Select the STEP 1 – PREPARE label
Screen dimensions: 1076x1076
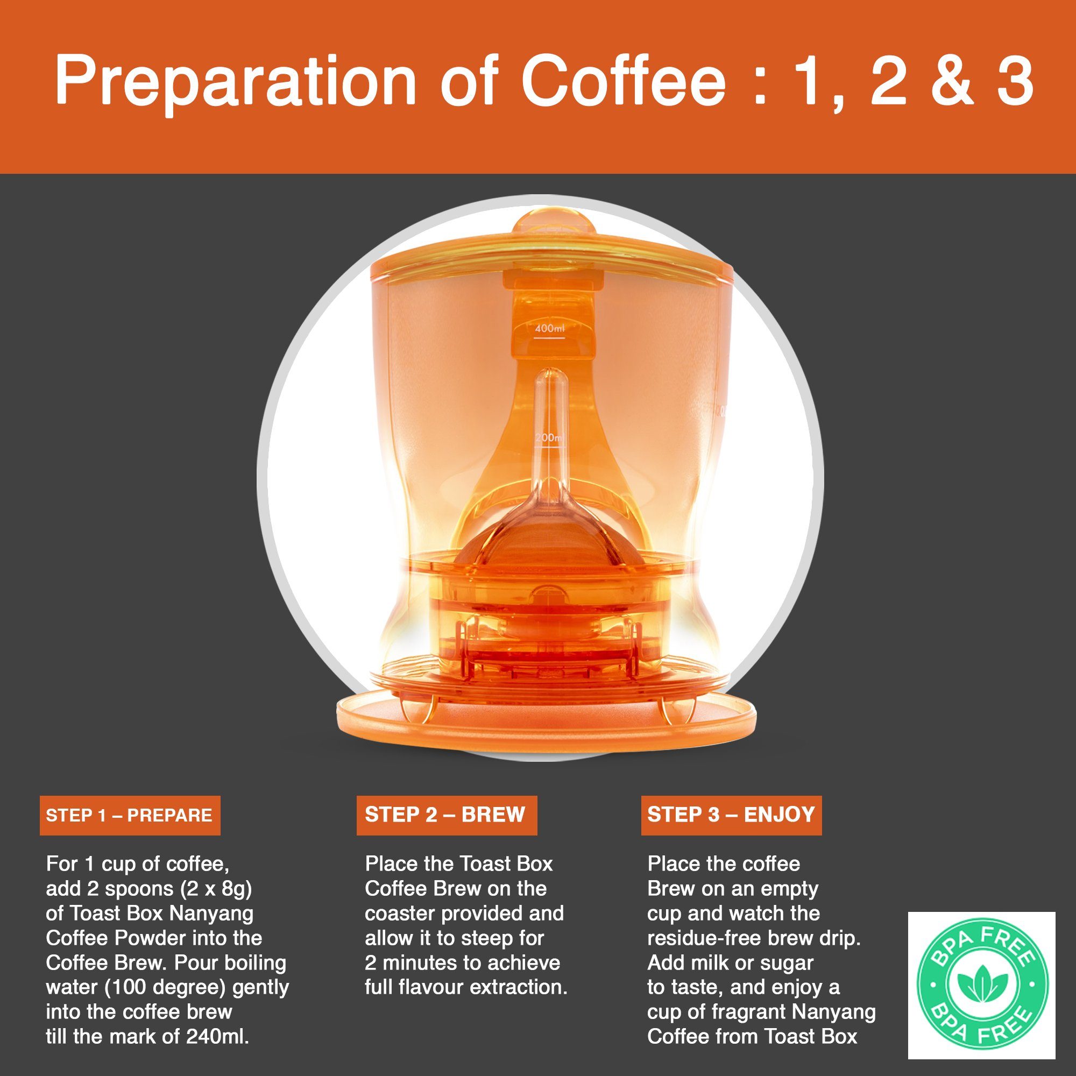click(x=130, y=816)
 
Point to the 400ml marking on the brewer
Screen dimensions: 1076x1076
click(x=550, y=329)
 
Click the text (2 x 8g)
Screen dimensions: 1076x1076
click(x=217, y=889)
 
